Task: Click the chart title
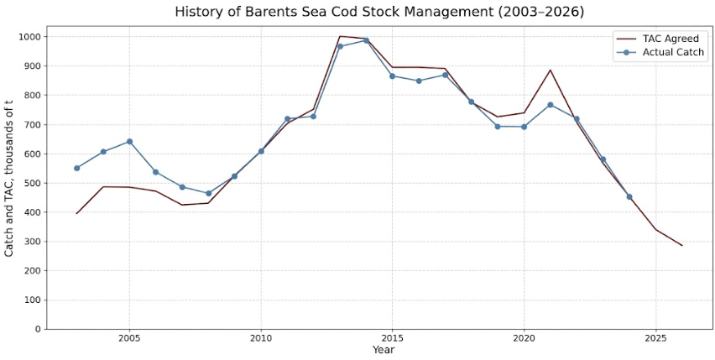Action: pyautogui.click(x=379, y=13)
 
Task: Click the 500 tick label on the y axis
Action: pyautogui.click(x=34, y=183)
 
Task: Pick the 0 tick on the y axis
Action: pyautogui.click(x=39, y=330)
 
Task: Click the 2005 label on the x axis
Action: pyautogui.click(x=129, y=340)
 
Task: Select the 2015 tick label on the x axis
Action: pyautogui.click(x=392, y=340)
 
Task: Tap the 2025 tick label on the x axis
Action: pyautogui.click(x=655, y=340)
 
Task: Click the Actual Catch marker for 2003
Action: pyautogui.click(x=77, y=168)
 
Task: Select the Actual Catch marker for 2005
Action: pyautogui.click(x=129, y=142)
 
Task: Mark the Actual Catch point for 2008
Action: pyautogui.click(x=208, y=193)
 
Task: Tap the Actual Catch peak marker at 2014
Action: pyautogui.click(x=366, y=40)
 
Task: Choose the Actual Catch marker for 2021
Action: pyautogui.click(x=551, y=105)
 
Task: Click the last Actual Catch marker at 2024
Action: pyautogui.click(x=629, y=197)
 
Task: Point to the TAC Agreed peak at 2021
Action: pyautogui.click(x=551, y=70)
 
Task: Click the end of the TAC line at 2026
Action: pyautogui.click(x=682, y=246)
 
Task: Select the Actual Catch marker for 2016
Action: pyautogui.click(x=419, y=81)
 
